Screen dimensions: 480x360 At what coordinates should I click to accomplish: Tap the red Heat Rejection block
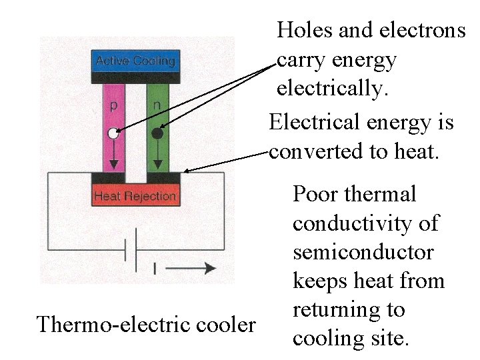coord(135,195)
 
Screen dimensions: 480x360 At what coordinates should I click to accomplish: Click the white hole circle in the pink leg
coord(113,134)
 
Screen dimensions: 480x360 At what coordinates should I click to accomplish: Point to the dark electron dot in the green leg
coord(157,133)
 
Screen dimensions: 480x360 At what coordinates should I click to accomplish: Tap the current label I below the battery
coord(155,269)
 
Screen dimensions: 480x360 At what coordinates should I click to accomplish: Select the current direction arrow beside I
coord(197,268)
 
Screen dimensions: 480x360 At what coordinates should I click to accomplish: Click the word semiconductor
coord(363,253)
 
